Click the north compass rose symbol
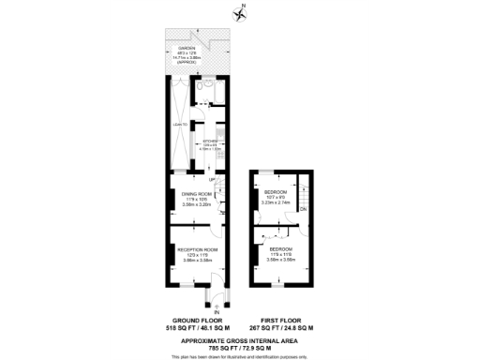coord(240,12)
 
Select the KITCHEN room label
coord(210,143)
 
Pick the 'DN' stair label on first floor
coord(304,209)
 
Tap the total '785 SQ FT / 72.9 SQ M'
coord(241,346)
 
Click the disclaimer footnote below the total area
coord(241,354)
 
